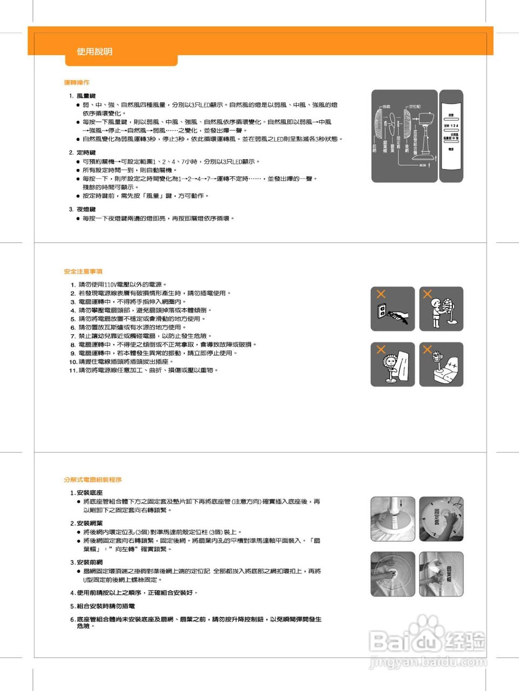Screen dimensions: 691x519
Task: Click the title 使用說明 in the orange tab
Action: click(95, 52)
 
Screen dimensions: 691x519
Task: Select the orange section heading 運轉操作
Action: click(77, 83)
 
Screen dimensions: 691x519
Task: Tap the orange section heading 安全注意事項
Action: click(83, 272)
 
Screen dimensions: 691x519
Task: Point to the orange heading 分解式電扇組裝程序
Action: click(92, 479)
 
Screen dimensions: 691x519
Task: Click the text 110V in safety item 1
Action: click(110, 284)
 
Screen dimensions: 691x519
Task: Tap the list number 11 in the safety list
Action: click(73, 370)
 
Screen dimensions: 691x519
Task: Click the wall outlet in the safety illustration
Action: click(382, 311)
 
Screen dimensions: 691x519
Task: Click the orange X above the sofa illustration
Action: click(427, 349)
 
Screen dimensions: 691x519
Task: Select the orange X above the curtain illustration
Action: click(381, 349)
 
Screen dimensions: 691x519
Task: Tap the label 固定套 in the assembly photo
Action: click(436, 517)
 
